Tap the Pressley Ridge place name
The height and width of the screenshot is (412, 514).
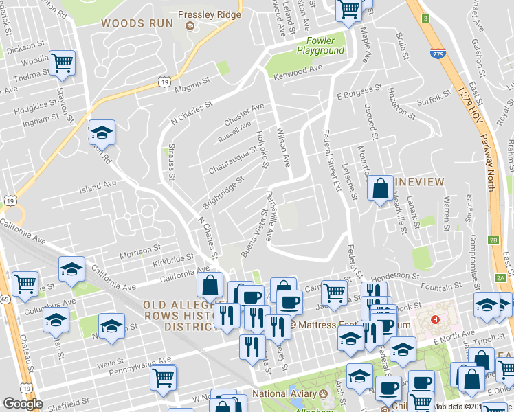point(209,14)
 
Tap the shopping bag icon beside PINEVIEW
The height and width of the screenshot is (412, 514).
point(380,188)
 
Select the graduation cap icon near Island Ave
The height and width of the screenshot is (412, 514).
point(102,131)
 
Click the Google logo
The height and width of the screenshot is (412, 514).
point(23,404)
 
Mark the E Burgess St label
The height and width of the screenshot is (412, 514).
point(359,91)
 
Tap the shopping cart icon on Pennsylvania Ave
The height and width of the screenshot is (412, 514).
point(164,377)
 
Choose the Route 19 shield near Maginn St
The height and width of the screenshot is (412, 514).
point(164,82)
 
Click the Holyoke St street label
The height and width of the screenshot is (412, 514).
point(261,148)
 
